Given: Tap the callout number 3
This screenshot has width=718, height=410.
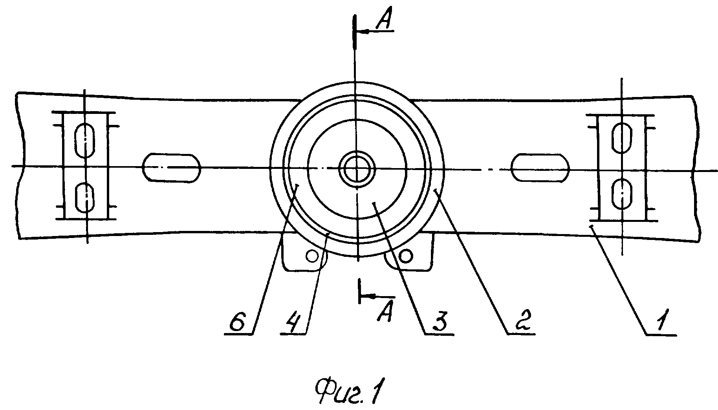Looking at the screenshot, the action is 439,321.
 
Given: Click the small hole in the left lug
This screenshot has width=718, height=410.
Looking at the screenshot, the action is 313,256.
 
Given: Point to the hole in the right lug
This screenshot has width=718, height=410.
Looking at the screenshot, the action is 405,256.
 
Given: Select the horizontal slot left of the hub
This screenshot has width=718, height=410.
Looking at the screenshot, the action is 171,168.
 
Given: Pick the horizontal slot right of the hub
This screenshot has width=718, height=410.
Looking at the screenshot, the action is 540,168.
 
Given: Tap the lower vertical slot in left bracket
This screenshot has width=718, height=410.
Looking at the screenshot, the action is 85,198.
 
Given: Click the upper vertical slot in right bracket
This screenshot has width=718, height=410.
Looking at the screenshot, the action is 622,137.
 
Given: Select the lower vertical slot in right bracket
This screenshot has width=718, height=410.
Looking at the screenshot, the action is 622,194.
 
